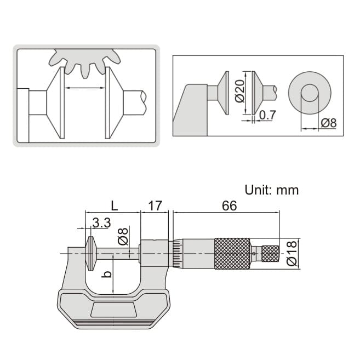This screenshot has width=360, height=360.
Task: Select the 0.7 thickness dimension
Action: pyautogui.click(x=267, y=115)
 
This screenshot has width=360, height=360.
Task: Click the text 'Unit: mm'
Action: pyautogui.click(x=272, y=190)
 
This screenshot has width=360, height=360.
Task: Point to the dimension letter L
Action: pyautogui.click(x=113, y=206)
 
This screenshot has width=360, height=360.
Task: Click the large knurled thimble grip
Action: pyautogui.click(x=232, y=253)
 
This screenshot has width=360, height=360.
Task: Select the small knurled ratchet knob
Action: pyautogui.click(x=271, y=253)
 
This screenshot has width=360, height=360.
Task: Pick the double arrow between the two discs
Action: pyautogui.click(x=85, y=88)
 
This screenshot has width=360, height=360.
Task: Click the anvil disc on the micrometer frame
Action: pyautogui.click(x=89, y=253)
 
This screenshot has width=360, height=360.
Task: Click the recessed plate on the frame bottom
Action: pyautogui.click(x=113, y=310)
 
